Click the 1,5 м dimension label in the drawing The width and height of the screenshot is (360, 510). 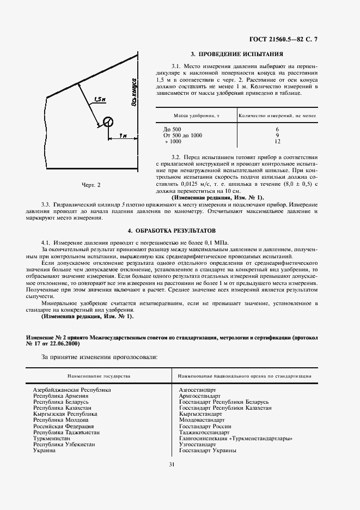(99, 100)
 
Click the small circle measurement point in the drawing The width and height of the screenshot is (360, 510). (108, 122)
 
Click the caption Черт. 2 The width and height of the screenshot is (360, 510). (91, 185)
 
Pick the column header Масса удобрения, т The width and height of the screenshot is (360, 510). (197, 116)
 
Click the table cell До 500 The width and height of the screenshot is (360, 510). (173, 128)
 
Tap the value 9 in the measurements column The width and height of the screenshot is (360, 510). (277, 135)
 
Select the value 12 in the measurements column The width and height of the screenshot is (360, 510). (277, 141)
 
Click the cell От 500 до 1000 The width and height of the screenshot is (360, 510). (182, 135)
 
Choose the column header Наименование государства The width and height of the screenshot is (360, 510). (99, 376)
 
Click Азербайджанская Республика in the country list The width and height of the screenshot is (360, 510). (72, 390)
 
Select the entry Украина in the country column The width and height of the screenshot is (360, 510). (45, 451)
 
